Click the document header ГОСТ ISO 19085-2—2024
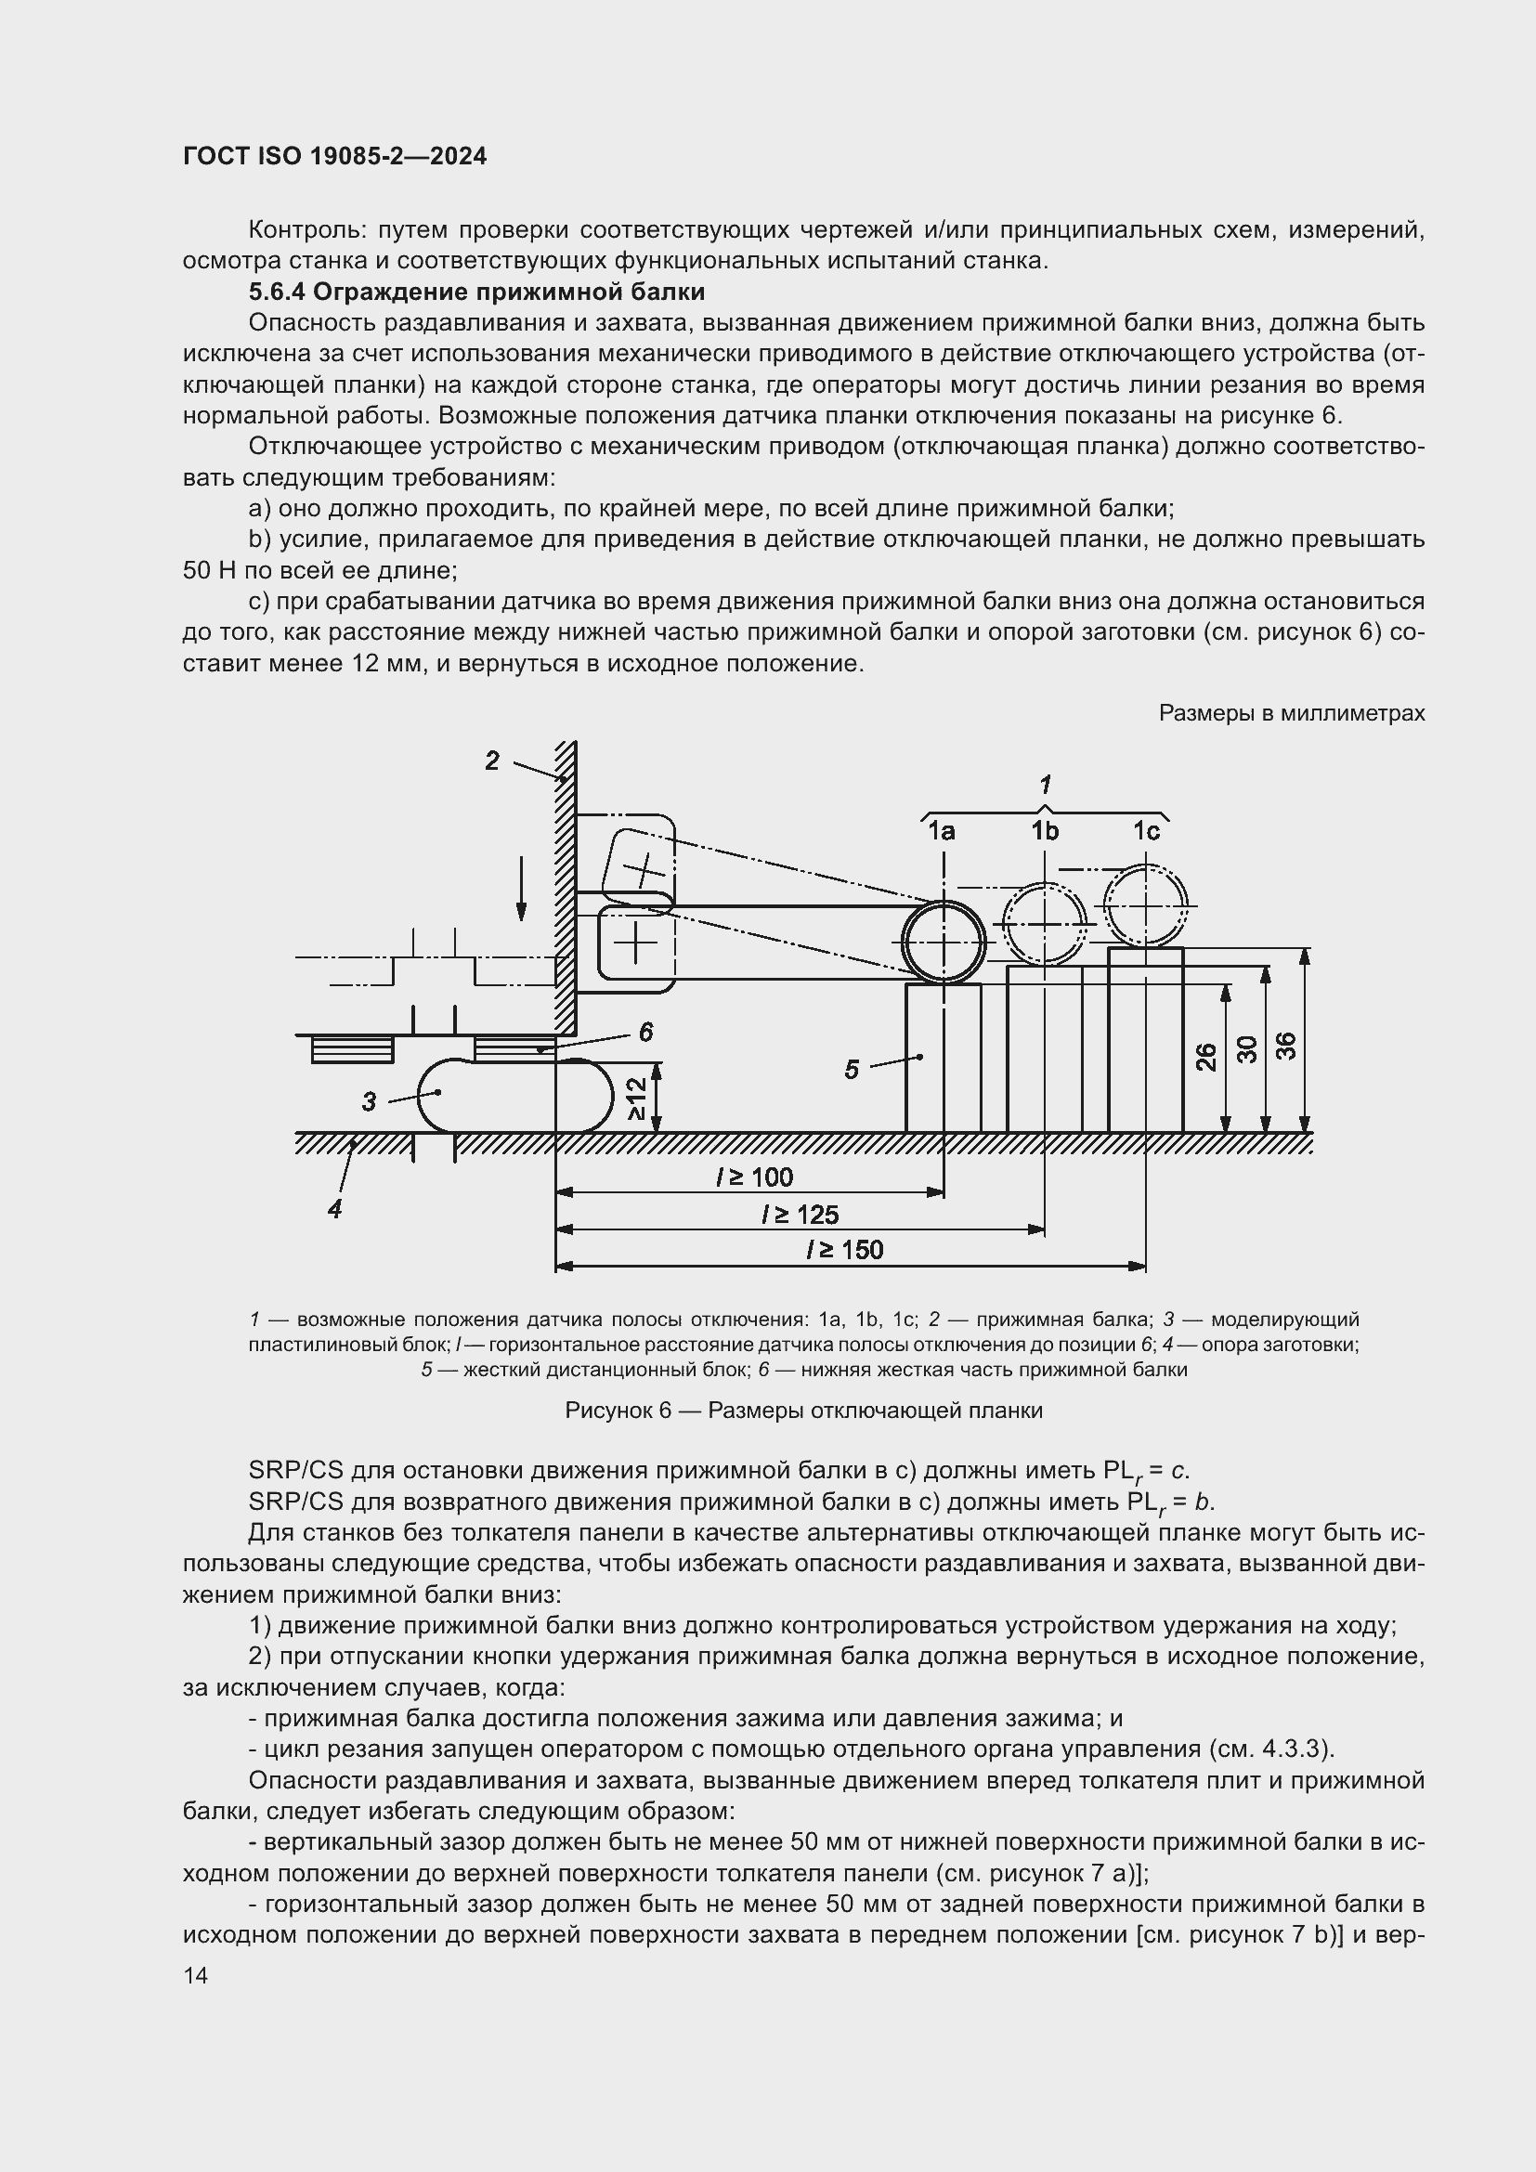[x=335, y=157]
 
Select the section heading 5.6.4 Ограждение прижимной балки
[x=476, y=292]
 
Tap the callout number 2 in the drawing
[x=492, y=761]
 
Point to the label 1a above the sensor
[x=941, y=831]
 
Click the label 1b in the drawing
[x=1044, y=831]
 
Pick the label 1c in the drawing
[x=1146, y=831]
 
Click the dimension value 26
[x=1206, y=1057]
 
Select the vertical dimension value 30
[x=1247, y=1048]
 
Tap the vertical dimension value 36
[x=1286, y=1046]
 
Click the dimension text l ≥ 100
[x=754, y=1177]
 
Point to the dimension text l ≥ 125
[x=801, y=1215]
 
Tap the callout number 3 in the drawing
[x=369, y=1102]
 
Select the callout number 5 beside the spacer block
[x=852, y=1070]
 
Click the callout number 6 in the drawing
[x=645, y=1032]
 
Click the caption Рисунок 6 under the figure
[x=803, y=1411]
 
